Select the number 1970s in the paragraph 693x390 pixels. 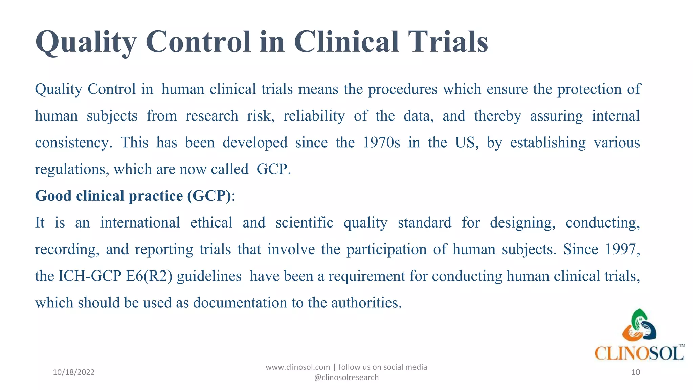tap(381, 143)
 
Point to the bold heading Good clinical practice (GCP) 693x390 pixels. tap(133, 196)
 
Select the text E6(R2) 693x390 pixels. tap(149, 276)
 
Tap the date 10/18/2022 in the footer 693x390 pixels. tap(74, 372)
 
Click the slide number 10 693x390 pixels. tap(635, 372)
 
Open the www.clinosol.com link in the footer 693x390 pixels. tap(297, 367)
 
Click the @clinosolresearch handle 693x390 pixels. tap(346, 377)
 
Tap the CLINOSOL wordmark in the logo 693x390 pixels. tap(639, 353)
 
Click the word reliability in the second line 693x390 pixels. tap(314, 116)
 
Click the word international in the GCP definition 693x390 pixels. tap(140, 223)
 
